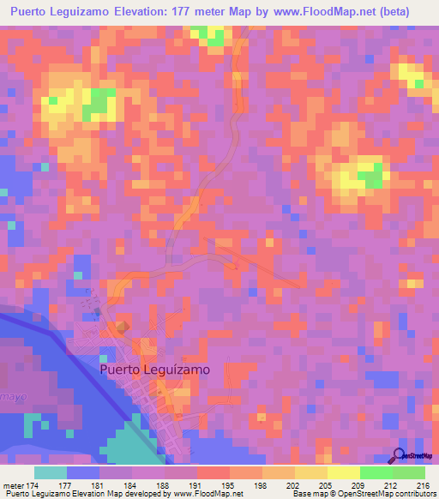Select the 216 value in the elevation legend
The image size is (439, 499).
pos(421,485)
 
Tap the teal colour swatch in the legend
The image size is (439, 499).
pos(51,472)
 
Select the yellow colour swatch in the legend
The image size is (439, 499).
pos(343,472)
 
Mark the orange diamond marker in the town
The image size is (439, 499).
pos(122,327)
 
